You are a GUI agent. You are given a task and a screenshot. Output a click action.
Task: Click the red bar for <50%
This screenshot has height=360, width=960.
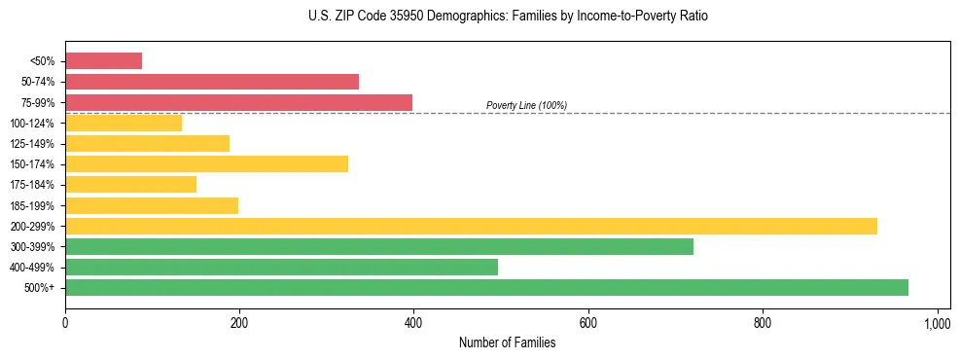coord(103,61)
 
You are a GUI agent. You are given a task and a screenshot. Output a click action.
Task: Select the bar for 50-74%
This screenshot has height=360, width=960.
coord(212,82)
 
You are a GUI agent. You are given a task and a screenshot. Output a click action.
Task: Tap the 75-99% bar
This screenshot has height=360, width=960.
coord(238,102)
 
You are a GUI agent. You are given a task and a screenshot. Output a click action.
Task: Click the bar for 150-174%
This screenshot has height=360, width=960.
coord(206,164)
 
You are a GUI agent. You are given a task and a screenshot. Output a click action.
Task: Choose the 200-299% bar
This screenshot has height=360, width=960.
coord(471,226)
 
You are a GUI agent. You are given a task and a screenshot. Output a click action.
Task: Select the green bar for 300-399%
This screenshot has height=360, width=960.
coord(379,247)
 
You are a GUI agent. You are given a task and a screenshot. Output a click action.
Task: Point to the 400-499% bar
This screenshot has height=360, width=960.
coord(281,268)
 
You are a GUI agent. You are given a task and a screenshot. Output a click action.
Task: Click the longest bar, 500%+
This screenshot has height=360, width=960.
coord(486,288)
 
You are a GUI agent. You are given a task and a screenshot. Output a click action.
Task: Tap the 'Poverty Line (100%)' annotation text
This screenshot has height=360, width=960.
coord(526,105)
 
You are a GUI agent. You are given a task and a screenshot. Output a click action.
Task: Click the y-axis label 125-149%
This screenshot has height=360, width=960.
coord(32,144)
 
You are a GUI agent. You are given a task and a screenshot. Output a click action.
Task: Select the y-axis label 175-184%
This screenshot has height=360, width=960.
coord(32,185)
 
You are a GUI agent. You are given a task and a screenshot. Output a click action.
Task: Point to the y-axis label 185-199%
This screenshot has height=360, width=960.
coord(32,206)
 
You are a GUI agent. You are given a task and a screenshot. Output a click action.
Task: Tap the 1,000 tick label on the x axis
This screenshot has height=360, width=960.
coord(937,323)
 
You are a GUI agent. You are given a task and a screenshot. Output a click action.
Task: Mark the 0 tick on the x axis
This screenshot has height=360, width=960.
coord(65,323)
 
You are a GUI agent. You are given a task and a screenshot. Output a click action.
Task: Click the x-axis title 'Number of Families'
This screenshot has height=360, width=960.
coord(507,342)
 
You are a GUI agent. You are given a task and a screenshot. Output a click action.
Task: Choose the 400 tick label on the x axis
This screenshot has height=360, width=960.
coord(413,323)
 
